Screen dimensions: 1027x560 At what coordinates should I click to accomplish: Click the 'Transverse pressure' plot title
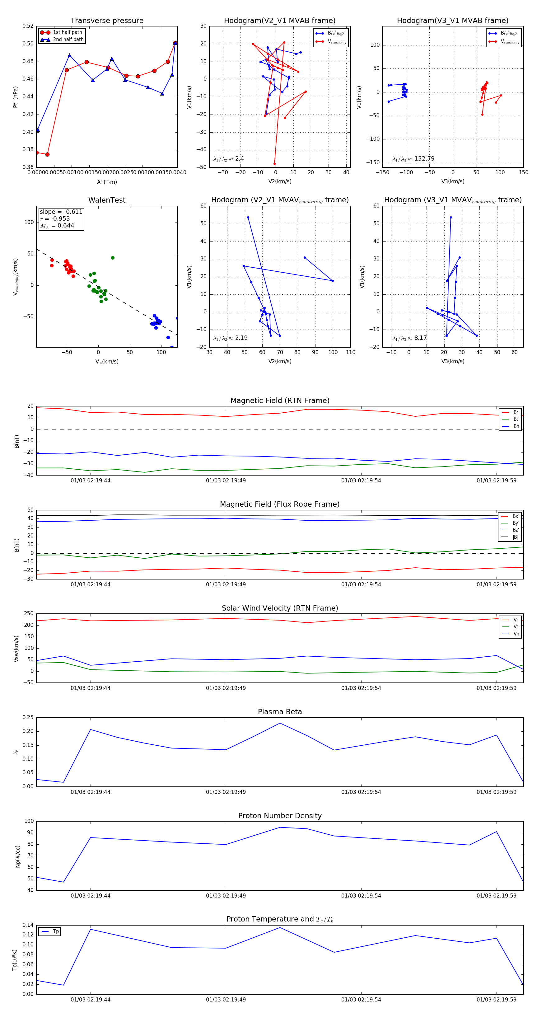coord(107,21)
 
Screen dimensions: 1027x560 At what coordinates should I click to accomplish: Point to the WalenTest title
coord(107,200)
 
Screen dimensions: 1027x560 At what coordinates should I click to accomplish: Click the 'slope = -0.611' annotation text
coord(61,212)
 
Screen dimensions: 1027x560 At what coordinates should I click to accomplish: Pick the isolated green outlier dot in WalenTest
coord(113,258)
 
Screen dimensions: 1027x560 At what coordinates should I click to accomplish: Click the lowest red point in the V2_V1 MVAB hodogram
coord(274,164)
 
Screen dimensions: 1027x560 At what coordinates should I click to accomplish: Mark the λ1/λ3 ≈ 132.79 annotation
coord(413,159)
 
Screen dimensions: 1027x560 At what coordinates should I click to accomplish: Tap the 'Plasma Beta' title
coord(280,712)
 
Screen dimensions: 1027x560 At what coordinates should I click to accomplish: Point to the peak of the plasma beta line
coord(280,723)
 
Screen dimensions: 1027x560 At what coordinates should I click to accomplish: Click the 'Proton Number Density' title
coord(280,816)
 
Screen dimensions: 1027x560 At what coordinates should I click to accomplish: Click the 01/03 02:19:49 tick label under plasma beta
coord(226,792)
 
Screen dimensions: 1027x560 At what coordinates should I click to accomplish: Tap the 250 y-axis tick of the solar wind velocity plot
coord(29,614)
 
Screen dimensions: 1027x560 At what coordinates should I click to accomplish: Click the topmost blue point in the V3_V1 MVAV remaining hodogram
coord(451,217)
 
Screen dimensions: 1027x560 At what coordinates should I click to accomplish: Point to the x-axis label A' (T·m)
coord(107,182)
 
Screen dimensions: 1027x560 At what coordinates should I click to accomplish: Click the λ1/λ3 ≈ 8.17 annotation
coord(409,338)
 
